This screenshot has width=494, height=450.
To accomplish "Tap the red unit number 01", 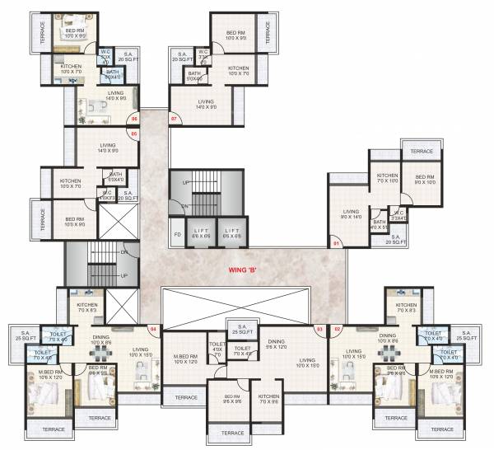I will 336,243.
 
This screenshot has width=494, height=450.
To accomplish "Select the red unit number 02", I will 338,329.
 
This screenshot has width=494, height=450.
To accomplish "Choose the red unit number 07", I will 174,119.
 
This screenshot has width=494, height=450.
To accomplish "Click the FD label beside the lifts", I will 177,234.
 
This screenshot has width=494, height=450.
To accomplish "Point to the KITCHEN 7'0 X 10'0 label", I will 388,178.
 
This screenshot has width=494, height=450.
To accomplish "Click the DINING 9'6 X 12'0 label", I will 276,344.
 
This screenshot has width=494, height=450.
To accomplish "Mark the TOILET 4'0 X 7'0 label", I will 217,349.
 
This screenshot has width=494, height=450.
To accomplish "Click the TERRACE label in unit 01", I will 422,152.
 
